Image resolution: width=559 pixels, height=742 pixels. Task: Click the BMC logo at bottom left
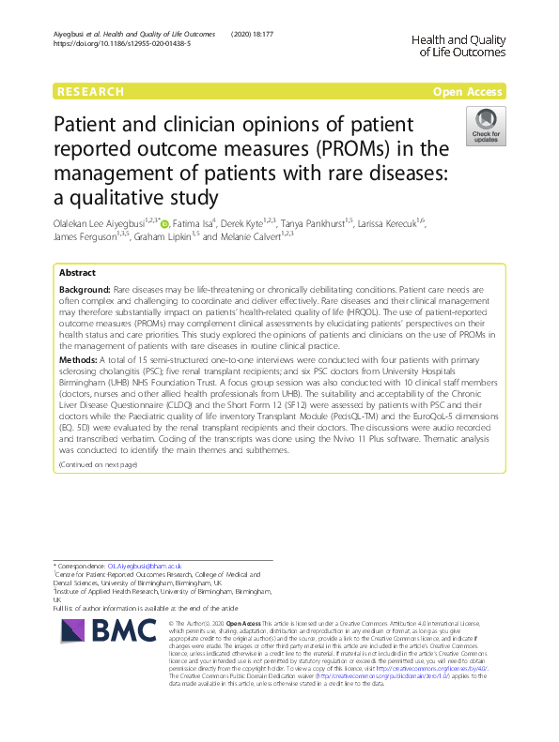[99, 637]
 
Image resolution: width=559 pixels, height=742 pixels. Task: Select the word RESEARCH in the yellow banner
[91, 91]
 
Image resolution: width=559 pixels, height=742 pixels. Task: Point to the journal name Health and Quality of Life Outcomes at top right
[458, 45]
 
